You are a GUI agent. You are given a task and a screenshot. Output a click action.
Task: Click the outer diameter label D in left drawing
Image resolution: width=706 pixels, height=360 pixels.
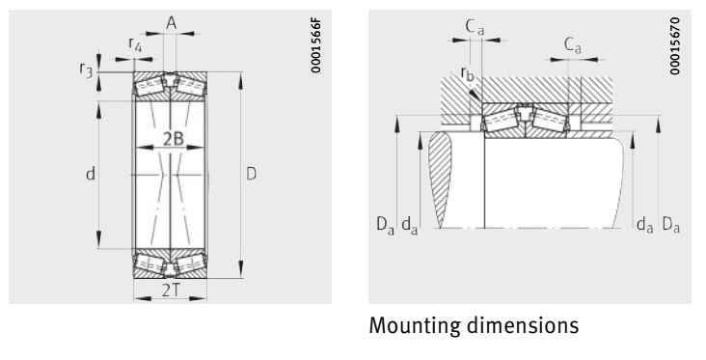click(251, 175)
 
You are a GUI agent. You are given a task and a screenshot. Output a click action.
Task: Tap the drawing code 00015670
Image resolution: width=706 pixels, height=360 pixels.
click(686, 46)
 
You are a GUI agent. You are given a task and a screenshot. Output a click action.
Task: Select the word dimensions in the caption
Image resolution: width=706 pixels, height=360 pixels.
click(522, 327)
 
